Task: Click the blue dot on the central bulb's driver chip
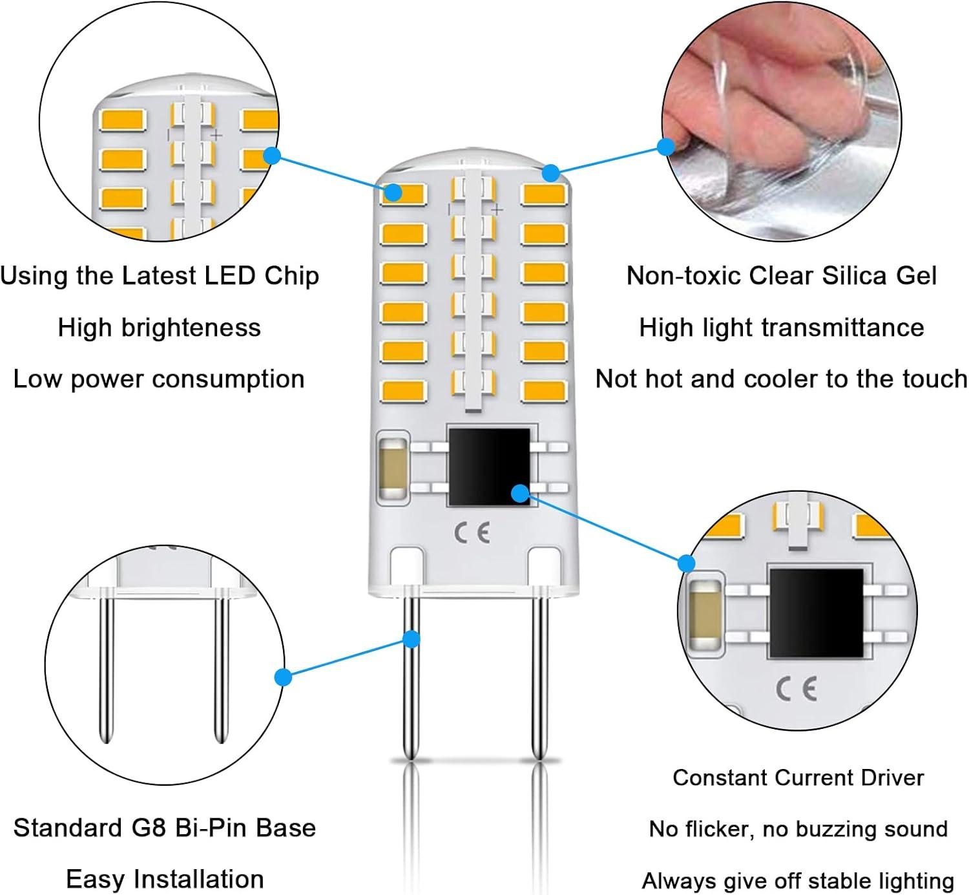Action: pyautogui.click(x=520, y=494)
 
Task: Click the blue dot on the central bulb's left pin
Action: pyautogui.click(x=412, y=639)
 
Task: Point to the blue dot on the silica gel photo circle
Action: pyautogui.click(x=666, y=147)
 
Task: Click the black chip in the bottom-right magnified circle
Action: pyautogui.click(x=815, y=613)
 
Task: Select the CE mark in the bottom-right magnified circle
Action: pyautogui.click(x=796, y=689)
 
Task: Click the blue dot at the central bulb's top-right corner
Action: pyautogui.click(x=550, y=173)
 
